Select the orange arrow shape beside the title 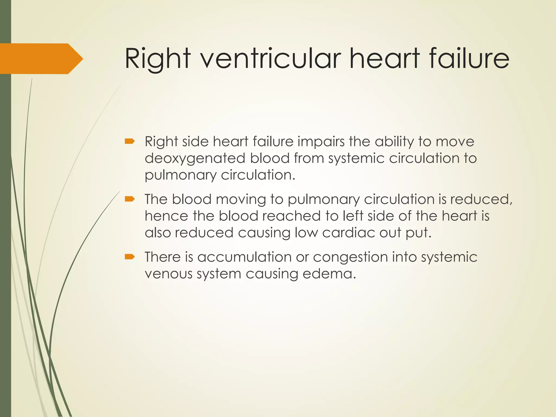tap(41, 59)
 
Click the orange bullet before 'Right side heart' tap(130, 141)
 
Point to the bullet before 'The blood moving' tap(130, 199)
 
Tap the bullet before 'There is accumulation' tap(130, 257)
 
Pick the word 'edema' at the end tap(328, 274)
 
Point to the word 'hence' tap(166, 216)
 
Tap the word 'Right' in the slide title tap(157, 58)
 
